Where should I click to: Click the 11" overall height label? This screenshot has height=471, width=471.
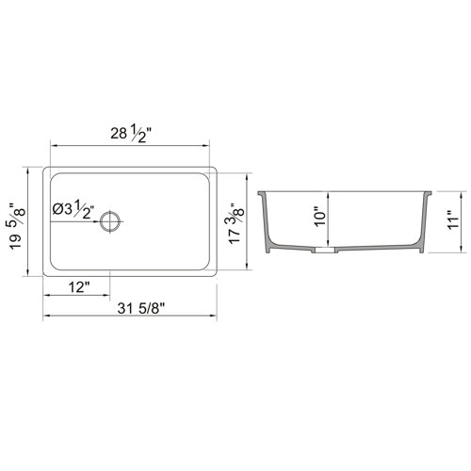coord(452,222)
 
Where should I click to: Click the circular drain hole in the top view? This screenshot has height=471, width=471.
coord(113,223)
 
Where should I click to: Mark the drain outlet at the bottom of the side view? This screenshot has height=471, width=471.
coord(325,252)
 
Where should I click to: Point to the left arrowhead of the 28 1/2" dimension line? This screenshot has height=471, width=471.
coord(53,147)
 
